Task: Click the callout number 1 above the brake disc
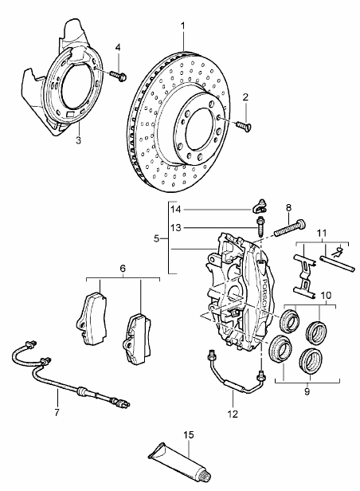pos(182,26)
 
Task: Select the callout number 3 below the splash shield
pos(78,140)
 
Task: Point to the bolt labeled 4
pos(118,76)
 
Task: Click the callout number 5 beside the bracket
pos(157,238)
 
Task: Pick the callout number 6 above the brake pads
pos(123,268)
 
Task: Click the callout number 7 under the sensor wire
pos(57,412)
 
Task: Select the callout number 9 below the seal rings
pos(307,391)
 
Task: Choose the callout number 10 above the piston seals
pos(326,295)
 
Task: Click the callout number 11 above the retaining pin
pos(322,234)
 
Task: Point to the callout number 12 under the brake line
pos(233,414)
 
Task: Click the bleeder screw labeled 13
pos(260,227)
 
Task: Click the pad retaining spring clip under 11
pos(303,276)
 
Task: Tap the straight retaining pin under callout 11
pos(337,263)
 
